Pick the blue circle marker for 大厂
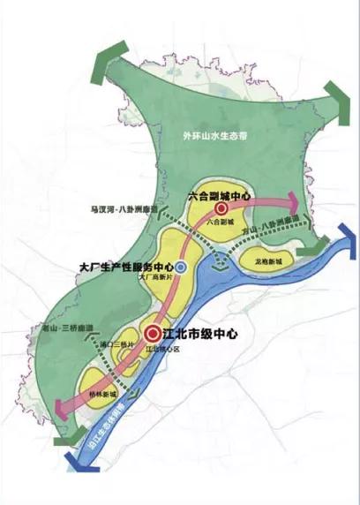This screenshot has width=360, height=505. pyautogui.click(x=181, y=266)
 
